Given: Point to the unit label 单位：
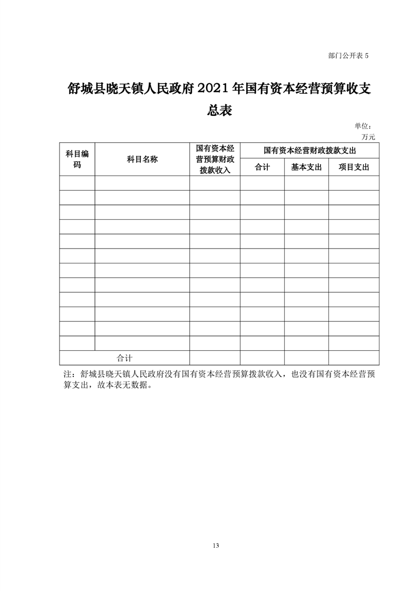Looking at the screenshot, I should point(364,126).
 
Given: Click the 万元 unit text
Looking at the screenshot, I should point(368,136).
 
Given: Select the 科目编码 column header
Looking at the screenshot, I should point(77,159).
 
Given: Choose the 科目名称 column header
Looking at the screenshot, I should point(142,159).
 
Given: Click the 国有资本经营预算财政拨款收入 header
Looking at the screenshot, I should point(215,159).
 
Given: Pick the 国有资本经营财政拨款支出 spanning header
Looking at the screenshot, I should point(309,151).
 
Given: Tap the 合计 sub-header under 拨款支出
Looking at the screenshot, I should point(262,168).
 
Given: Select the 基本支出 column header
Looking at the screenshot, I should point(306,168).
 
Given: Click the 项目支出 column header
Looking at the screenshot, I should point(354,168).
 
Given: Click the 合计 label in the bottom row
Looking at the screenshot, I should point(124,358).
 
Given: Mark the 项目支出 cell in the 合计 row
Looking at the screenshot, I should point(354,358).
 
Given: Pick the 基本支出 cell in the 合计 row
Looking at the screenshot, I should point(306,358).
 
